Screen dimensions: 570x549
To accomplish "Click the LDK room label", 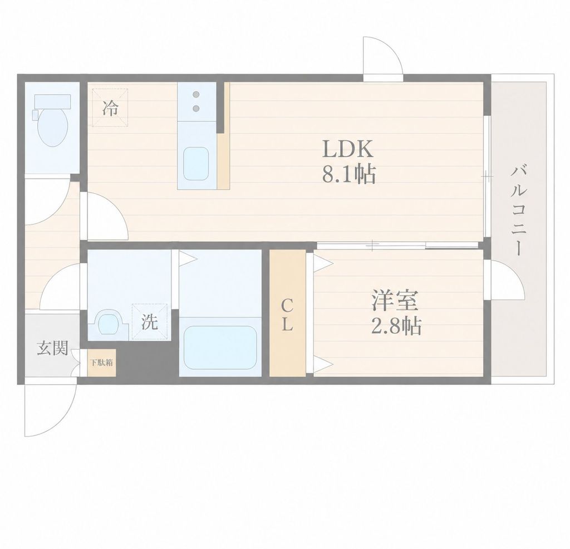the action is [x=347, y=149].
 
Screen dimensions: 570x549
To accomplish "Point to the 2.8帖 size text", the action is [x=396, y=326].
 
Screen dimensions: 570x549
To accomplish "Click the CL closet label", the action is [x=287, y=315].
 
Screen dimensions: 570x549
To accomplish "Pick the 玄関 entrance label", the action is [x=53, y=348].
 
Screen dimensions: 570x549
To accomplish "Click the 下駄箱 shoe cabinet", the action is [x=102, y=362].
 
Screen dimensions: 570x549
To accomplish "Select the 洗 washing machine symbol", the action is [x=149, y=322].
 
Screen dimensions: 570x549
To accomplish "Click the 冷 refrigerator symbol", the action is [x=110, y=108].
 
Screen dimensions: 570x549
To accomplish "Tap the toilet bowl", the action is [x=53, y=127].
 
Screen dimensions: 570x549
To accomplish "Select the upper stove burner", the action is [x=196, y=95].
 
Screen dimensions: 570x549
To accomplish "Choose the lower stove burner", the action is [x=196, y=109].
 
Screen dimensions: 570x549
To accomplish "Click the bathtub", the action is [x=220, y=347].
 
